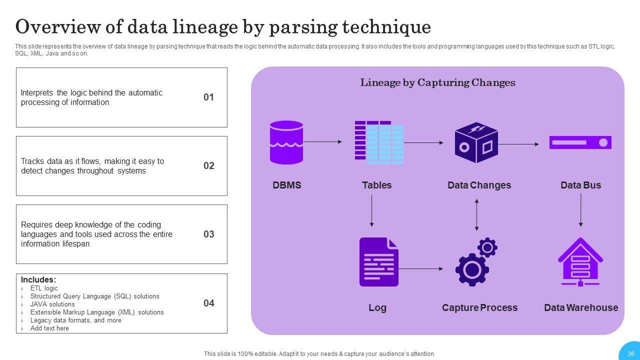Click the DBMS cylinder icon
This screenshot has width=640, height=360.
tap(286, 142)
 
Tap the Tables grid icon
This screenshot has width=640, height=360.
tap(379, 142)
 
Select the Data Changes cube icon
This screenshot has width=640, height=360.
tap(476, 142)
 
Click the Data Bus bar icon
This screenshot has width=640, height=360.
tap(580, 142)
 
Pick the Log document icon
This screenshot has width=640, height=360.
tap(379, 261)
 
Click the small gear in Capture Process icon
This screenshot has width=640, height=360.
tap(487, 247)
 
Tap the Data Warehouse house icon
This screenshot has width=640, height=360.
tap(580, 261)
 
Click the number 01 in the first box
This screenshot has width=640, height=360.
tap(208, 97)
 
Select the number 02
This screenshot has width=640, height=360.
tap(209, 165)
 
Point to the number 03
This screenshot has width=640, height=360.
tap(209, 234)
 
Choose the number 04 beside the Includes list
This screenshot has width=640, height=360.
tap(209, 303)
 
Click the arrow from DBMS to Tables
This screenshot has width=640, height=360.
tap(323, 141)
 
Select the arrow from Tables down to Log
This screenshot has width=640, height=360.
tap(371, 211)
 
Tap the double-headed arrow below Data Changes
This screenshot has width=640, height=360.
tap(476, 215)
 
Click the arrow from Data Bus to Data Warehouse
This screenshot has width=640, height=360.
tap(580, 210)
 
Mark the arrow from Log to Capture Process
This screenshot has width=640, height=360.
tap(421, 269)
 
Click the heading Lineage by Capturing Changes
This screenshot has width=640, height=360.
tap(437, 82)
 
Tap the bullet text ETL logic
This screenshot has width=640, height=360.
tap(44, 288)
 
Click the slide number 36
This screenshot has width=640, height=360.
tap(631, 353)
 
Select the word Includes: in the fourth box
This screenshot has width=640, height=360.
tap(38, 279)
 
